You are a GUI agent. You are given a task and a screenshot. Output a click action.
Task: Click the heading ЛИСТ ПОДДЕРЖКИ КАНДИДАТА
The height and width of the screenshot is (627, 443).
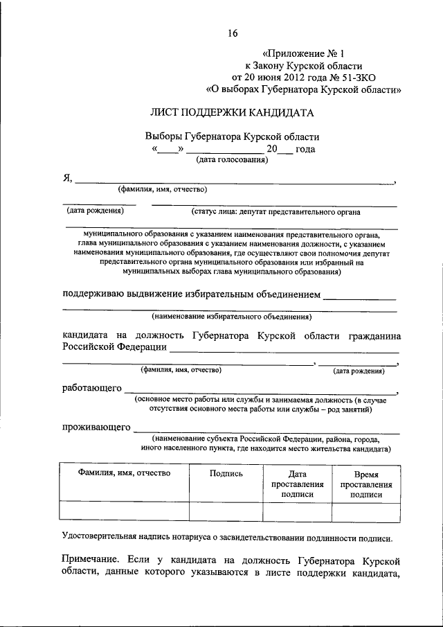point(232,112)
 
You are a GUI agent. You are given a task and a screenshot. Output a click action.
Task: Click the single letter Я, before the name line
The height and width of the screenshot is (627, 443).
point(68,179)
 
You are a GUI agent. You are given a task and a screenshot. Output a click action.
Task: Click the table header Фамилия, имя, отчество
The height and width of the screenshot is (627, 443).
point(124,473)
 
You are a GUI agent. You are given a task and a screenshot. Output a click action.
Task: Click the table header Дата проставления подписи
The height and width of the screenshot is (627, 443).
point(298,484)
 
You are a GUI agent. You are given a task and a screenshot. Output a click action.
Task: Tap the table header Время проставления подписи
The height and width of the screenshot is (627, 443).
point(366,484)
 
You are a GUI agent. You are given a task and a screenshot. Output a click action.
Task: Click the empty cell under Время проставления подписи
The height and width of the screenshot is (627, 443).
point(366,511)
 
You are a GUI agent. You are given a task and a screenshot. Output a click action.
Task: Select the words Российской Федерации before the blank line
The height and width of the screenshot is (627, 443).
point(114,347)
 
